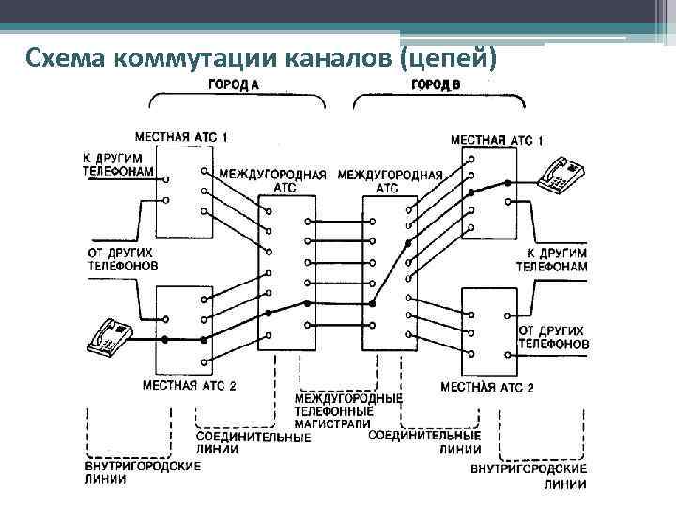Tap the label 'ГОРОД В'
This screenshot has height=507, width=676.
pos(436,84)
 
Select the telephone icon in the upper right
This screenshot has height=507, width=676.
pos(561,175)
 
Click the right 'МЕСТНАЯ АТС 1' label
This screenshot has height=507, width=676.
pos(497,140)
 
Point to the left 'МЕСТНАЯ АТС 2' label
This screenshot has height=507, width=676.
pos(189,386)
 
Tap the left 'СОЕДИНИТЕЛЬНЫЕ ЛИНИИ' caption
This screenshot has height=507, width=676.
pos(253,443)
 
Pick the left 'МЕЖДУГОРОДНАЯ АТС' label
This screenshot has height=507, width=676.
pos(273,180)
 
